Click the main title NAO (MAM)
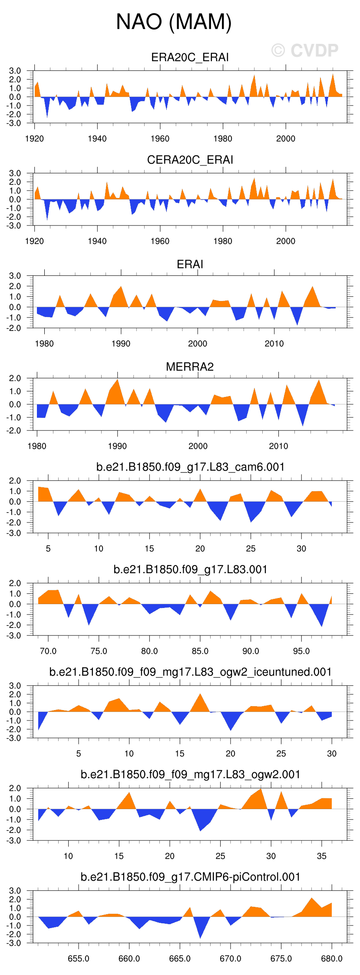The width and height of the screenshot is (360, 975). point(174,22)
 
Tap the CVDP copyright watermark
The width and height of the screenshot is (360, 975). point(305,50)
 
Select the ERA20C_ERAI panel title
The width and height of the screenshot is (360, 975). point(190,57)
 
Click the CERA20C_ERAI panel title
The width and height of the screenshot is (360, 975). point(190,160)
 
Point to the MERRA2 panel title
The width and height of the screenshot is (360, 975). point(190,367)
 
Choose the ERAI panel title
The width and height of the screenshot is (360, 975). point(190,264)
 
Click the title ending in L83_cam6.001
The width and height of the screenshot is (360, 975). point(190,467)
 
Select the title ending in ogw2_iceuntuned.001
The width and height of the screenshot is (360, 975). point(190,672)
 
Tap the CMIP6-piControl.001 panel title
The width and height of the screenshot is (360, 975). point(190,877)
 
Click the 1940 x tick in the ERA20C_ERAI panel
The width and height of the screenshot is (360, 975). point(97,139)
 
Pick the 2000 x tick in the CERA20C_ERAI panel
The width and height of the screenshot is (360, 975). point(285,241)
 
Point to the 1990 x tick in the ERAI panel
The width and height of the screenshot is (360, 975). point(121,344)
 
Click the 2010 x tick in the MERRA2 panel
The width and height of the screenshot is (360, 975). point(278,446)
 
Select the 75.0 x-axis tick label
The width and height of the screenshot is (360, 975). point(99,651)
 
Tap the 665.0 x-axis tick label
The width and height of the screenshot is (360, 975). point(179,958)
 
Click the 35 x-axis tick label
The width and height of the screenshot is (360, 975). point(321,856)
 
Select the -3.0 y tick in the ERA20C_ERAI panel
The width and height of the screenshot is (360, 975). point(15,123)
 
